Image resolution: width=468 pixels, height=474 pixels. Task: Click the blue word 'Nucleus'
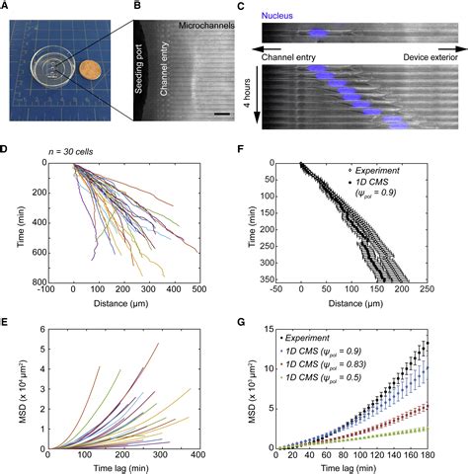283,18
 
